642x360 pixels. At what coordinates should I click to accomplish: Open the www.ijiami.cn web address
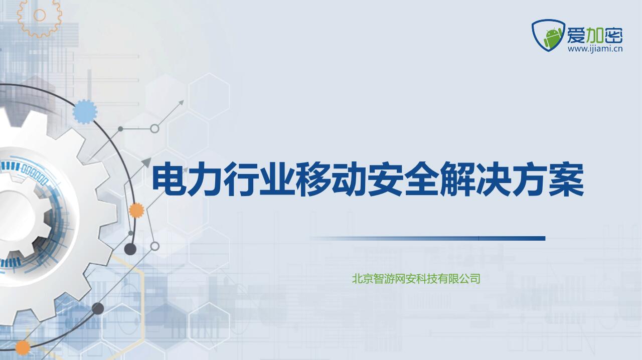coord(595,49)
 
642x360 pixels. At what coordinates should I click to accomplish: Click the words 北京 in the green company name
coord(363,279)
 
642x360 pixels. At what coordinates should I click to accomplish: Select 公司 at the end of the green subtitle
coord(470,279)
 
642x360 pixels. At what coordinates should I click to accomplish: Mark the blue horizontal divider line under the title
coord(428,238)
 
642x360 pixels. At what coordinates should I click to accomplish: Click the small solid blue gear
coord(85,112)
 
